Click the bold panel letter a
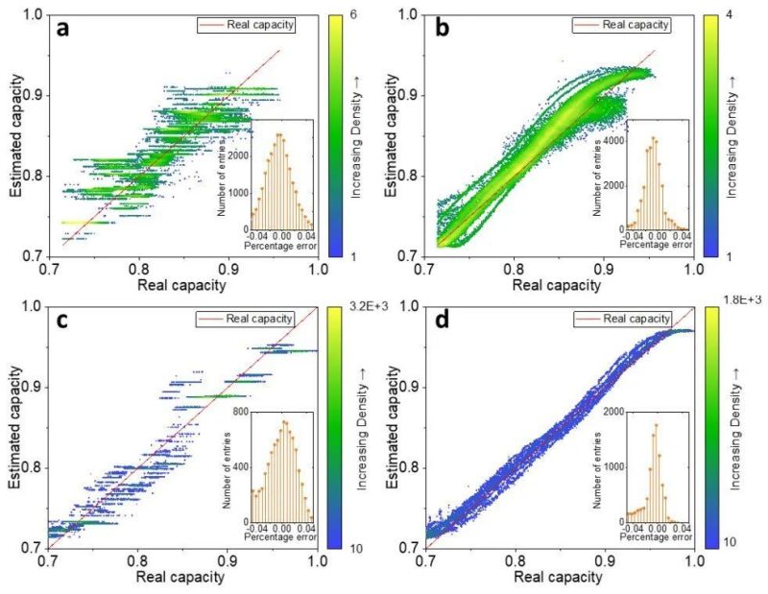pyautogui.click(x=63, y=30)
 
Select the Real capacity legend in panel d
pyautogui.click(x=630, y=318)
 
